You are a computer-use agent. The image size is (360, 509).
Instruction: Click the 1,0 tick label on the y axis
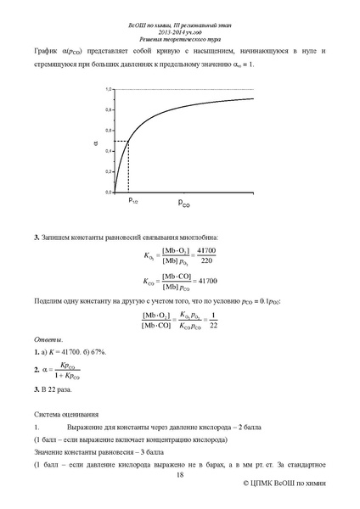[x=109, y=89]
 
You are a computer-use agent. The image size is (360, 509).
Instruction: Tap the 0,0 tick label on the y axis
[x=109, y=193]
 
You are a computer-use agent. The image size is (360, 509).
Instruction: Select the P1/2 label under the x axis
[x=132, y=201]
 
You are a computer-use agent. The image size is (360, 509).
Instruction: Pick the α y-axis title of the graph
[x=95, y=142]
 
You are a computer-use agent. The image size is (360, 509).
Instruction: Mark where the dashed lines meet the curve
[x=128, y=141]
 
